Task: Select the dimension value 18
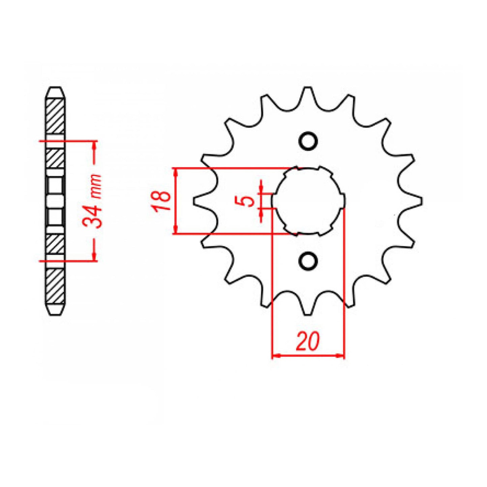coord(162,201)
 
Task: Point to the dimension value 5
coord(248,201)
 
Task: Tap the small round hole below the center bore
coord(308,261)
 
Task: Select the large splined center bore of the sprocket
coord(308,201)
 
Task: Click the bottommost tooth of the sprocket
coord(308,310)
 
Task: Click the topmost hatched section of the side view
coord(55,116)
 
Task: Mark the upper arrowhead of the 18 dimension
coord(175,172)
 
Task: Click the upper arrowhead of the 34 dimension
coord(95,145)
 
